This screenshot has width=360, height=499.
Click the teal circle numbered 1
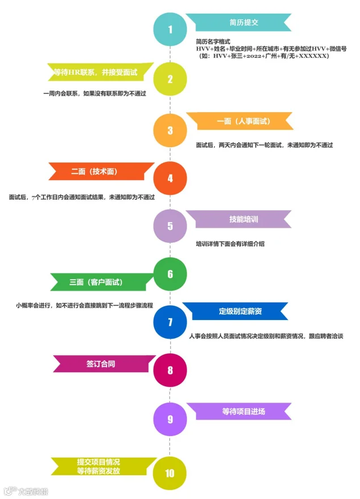[170, 29]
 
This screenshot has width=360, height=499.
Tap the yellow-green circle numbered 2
[170, 79]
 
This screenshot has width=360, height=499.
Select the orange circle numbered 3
[170, 130]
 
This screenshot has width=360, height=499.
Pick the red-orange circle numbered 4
[170, 178]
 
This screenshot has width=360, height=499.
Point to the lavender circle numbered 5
[170, 226]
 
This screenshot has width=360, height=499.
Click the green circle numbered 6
[170, 274]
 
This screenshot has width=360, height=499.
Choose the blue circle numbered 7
[170, 322]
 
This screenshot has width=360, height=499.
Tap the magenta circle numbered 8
[170, 370]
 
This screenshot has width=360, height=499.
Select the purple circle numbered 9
[170, 419]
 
